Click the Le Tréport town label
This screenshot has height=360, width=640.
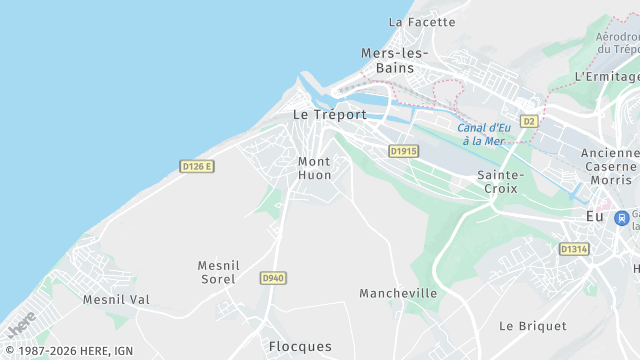(x=328, y=115)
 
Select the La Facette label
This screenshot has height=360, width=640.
(x=421, y=22)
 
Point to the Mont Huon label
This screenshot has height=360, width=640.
(x=314, y=168)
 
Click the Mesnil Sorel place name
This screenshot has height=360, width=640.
(x=217, y=272)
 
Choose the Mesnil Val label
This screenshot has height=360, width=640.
(x=116, y=299)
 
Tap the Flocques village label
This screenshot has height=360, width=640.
(x=300, y=346)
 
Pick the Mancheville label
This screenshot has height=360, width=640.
(x=398, y=293)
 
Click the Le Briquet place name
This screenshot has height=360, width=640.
(x=533, y=326)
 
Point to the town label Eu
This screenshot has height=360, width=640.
(x=594, y=216)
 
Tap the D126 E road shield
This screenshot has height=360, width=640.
(x=197, y=166)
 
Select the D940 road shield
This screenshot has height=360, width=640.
(x=272, y=277)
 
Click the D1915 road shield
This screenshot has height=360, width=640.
(x=403, y=151)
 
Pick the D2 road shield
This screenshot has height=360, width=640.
(x=529, y=121)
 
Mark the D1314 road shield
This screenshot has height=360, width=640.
(x=573, y=249)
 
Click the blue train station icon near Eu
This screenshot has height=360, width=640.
(x=622, y=217)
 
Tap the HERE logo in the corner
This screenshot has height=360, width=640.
(x=21, y=324)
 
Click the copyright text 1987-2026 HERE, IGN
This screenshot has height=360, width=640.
(x=67, y=351)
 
